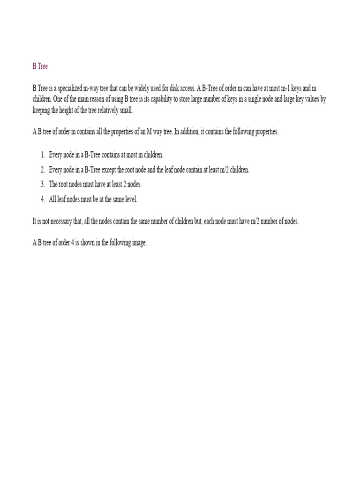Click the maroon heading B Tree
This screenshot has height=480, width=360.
[x=40, y=67]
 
